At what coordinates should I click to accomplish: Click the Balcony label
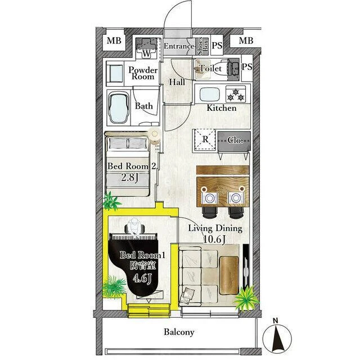coord(179,332)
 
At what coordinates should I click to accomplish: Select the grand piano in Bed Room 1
coord(134,264)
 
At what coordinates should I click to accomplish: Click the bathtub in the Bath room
coord(119,109)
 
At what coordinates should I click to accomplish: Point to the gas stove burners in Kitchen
coord(236,94)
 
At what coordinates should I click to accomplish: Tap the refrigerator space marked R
coord(205,140)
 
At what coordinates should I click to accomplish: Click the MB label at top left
coord(114,41)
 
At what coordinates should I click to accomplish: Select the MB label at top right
coord(246,41)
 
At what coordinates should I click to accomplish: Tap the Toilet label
coord(210,68)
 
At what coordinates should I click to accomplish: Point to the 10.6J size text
coord(214,239)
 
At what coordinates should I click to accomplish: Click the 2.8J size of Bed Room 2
coord(130,178)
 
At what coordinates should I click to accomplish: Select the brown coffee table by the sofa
coord(229,275)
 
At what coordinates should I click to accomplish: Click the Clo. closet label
coord(235,140)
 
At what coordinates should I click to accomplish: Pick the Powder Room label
coord(143,73)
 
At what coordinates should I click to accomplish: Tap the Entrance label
coord(179,46)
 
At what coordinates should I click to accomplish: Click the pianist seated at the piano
coord(134,227)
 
